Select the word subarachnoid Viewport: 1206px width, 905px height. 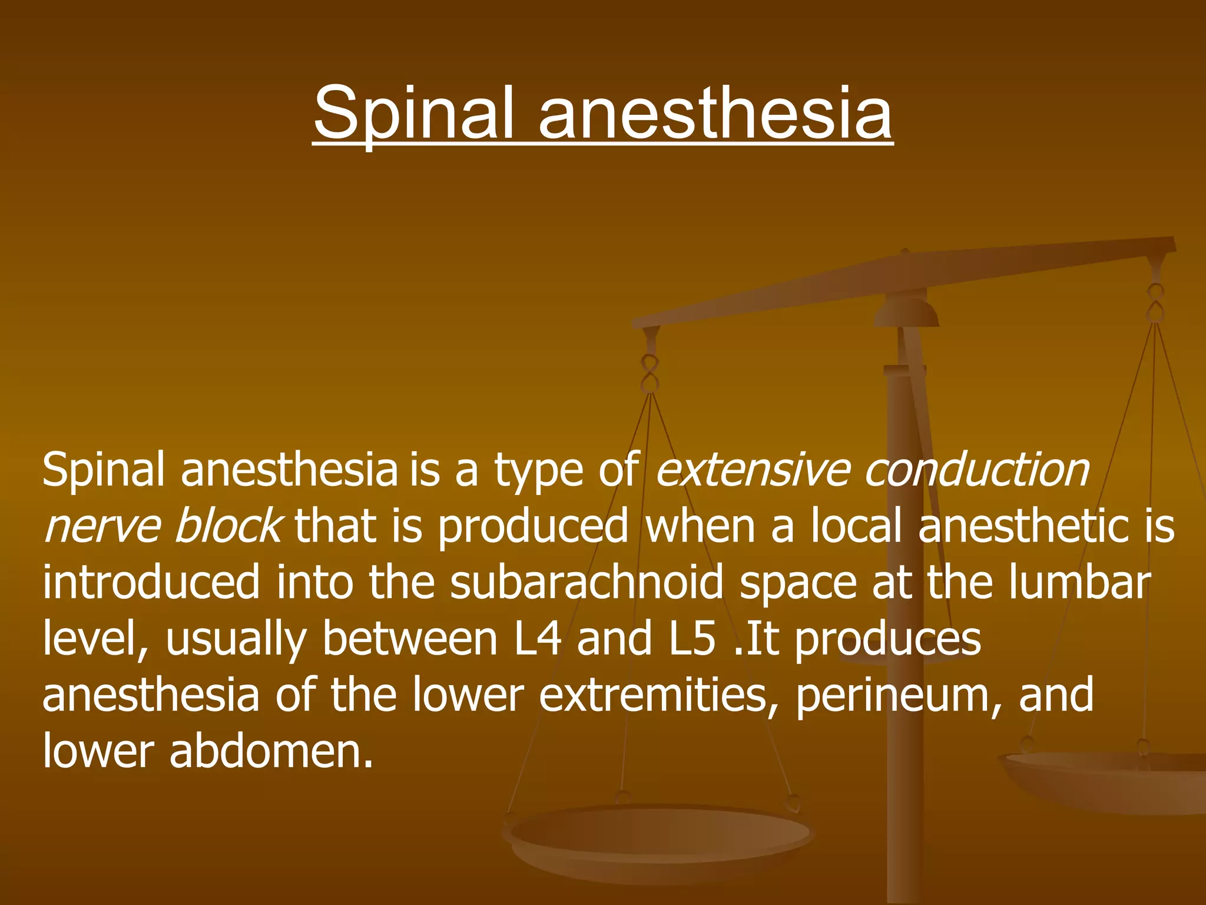tap(587, 582)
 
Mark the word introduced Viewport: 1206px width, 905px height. tap(151, 582)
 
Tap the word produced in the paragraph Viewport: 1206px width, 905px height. tap(533, 526)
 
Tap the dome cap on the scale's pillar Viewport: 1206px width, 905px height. tap(906, 312)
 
